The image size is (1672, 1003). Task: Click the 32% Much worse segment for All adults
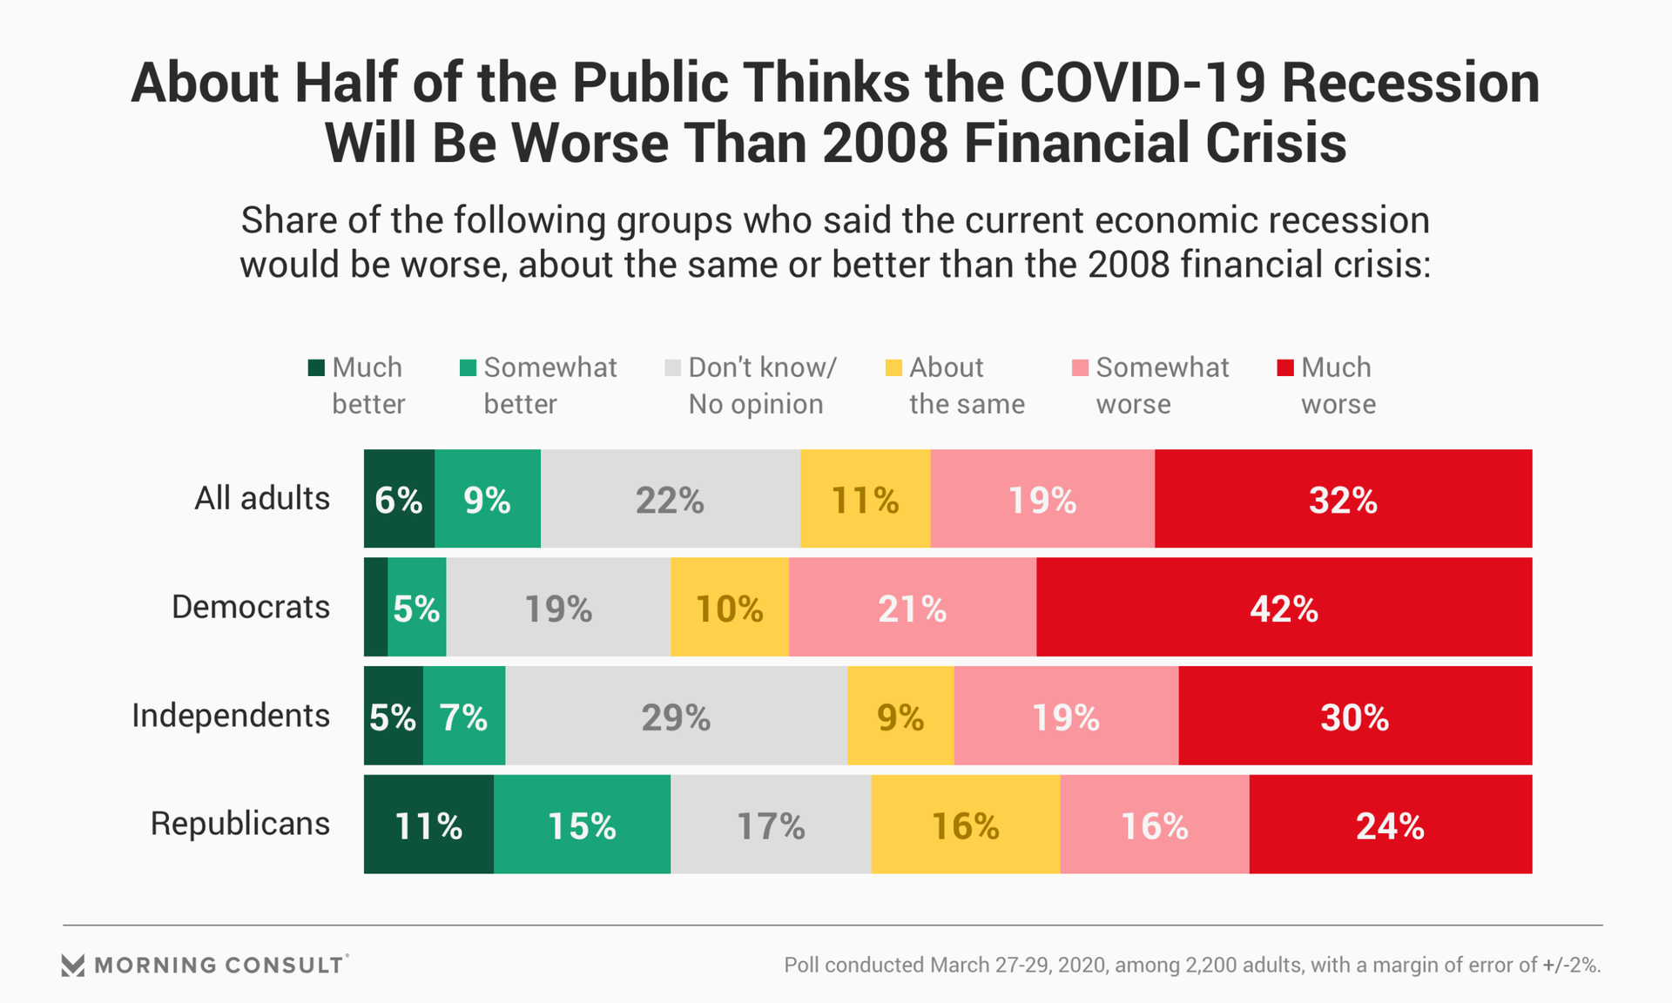pyautogui.click(x=1343, y=499)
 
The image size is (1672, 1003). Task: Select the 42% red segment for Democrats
pyautogui.click(x=1284, y=607)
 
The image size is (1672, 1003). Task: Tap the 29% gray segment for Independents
pyautogui.click(x=676, y=716)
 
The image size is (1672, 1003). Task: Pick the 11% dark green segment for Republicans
pyautogui.click(x=428, y=824)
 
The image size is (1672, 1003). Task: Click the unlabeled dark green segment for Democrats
pyautogui.click(x=375, y=607)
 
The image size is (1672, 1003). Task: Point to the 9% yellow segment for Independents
pyautogui.click(x=900, y=716)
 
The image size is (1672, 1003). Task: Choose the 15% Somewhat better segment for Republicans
pyautogui.click(x=582, y=824)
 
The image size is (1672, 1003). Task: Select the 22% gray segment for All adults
pyautogui.click(x=670, y=499)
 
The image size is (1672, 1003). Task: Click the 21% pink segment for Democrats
pyautogui.click(x=912, y=607)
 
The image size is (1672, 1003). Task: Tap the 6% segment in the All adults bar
pyautogui.click(x=399, y=499)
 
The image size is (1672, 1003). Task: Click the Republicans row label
pyautogui.click(x=240, y=824)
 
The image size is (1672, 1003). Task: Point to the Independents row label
pyautogui.click(x=231, y=716)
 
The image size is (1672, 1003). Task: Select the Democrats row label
pyautogui.click(x=251, y=607)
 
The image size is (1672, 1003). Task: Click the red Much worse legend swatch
pyautogui.click(x=1284, y=367)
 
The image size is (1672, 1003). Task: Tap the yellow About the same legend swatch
pyautogui.click(x=893, y=367)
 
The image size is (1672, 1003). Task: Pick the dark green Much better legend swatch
pyautogui.click(x=316, y=367)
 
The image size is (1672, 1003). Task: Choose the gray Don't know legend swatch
pyautogui.click(x=672, y=367)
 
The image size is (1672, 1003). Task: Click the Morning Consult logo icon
pyautogui.click(x=73, y=965)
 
